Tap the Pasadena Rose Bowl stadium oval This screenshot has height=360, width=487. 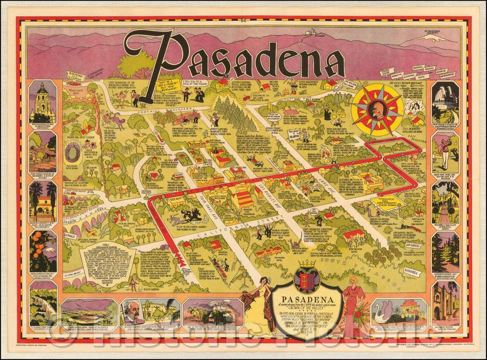[x=72, y=152]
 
